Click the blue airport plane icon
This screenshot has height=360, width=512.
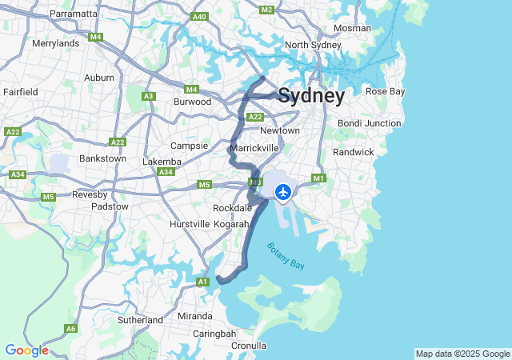[x=282, y=192]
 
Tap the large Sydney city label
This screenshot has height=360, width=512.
[x=311, y=97]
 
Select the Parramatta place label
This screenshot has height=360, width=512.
[x=74, y=14]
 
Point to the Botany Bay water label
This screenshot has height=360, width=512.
[x=286, y=257]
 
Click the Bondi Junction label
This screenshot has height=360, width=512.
[x=369, y=123]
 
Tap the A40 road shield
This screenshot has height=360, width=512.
[x=200, y=17]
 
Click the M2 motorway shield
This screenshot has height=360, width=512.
[x=267, y=10]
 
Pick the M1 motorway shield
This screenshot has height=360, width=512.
[x=319, y=178]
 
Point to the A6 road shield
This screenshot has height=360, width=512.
[x=71, y=329]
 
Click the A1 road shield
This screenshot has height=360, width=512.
[x=202, y=282]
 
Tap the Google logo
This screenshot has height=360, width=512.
[x=26, y=350]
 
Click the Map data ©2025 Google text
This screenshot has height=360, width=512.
[x=462, y=354]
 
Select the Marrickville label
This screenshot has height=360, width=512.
[x=254, y=148]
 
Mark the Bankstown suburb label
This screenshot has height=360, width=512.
[x=102, y=158]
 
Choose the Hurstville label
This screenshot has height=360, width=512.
[x=190, y=224]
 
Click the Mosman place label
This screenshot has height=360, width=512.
[x=351, y=28]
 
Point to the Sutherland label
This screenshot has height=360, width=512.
[x=140, y=320]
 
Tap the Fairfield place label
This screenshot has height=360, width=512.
[x=20, y=92]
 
